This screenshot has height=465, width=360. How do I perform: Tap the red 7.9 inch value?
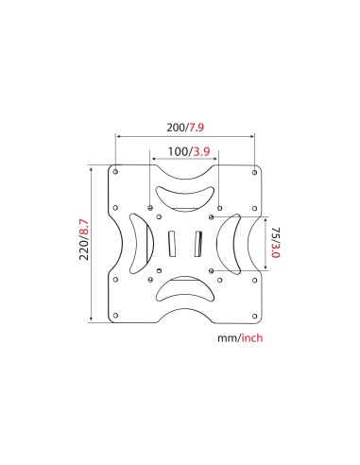click(196, 128)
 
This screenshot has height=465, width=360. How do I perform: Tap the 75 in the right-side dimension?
click(275, 232)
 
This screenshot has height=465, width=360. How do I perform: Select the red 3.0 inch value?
click(275, 251)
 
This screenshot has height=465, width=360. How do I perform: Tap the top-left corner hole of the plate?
click(115, 172)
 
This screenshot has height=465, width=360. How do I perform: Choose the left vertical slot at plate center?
click(171, 243)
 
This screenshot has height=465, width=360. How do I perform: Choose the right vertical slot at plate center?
click(198, 243)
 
